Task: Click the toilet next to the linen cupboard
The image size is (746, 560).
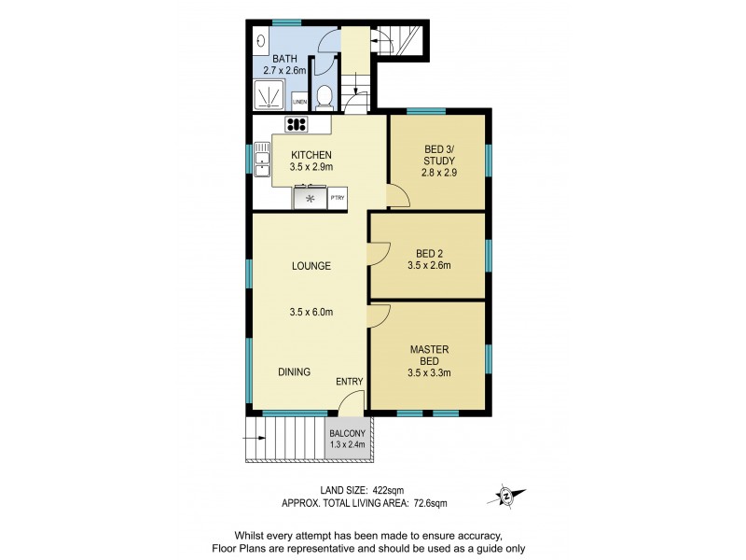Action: (323, 97)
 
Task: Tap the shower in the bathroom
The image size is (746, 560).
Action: (270, 96)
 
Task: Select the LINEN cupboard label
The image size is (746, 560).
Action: (299, 102)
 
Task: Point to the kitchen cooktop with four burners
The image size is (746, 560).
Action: (297, 124)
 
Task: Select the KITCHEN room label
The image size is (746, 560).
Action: (311, 155)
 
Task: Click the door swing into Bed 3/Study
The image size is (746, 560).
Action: (397, 195)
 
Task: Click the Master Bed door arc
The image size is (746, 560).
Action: (379, 315)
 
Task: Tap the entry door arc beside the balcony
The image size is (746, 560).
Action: (349, 402)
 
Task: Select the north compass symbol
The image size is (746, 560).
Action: (506, 496)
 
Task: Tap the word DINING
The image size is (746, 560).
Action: (295, 371)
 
